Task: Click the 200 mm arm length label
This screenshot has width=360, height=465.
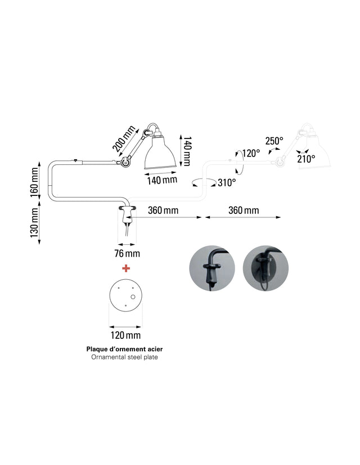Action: point(124,138)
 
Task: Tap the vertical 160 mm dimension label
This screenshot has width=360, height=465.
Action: point(34,182)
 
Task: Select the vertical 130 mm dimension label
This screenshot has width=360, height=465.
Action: point(34,222)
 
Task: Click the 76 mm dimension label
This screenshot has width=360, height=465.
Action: point(127,253)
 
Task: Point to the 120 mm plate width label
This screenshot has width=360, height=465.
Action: point(125,336)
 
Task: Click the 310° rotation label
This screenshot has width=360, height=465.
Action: point(227,182)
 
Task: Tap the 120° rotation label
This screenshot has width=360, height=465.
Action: point(251,153)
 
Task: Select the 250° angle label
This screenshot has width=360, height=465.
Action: point(274,141)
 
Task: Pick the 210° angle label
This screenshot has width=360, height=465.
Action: point(306,159)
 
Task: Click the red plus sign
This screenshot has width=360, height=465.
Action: point(126,269)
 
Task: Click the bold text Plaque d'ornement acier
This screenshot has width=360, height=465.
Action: point(124,349)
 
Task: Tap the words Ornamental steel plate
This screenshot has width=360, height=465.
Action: point(124,357)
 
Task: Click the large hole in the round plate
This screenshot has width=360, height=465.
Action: point(133,297)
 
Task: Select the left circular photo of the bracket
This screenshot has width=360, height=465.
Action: point(212,268)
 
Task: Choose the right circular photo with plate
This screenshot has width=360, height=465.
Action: point(265,268)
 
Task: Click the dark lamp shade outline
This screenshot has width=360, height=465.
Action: point(160,152)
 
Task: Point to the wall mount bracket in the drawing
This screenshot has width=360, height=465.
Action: point(127,214)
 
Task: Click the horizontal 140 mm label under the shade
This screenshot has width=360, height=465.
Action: point(163,180)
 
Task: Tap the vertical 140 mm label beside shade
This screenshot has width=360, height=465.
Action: point(187,151)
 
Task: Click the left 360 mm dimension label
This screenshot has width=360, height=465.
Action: point(163,210)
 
